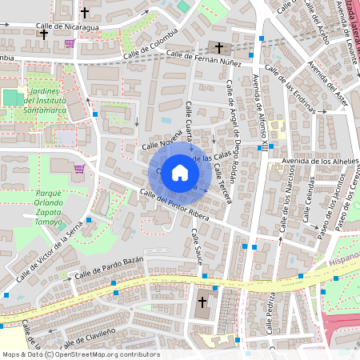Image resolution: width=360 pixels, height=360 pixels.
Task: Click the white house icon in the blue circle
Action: (x=180, y=172)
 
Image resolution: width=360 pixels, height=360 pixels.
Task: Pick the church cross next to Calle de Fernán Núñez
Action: (x=218, y=48)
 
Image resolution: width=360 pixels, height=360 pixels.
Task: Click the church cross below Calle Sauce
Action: (x=202, y=302)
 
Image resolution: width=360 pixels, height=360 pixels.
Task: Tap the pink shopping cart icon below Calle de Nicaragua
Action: (x=70, y=43)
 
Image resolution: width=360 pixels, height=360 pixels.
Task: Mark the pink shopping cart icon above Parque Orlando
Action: (x=79, y=169)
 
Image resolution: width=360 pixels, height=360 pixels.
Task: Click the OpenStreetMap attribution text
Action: (x=80, y=354)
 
